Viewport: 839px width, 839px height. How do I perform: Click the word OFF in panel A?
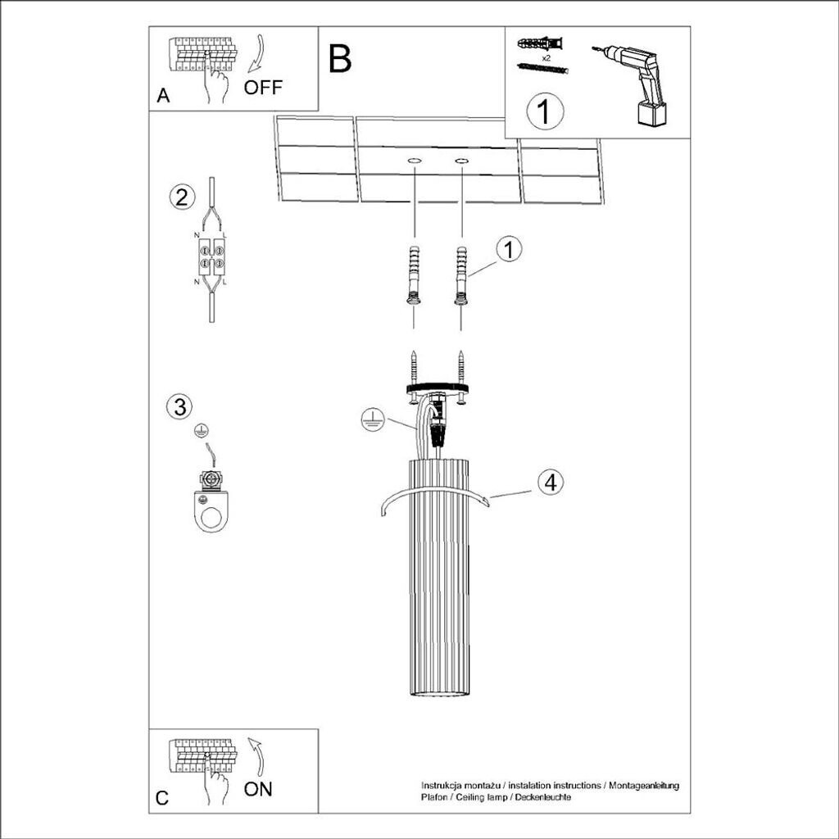263,87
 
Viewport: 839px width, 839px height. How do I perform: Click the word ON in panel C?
258,789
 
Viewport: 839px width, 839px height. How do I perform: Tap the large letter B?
340,58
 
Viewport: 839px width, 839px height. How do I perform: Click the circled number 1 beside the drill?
545,111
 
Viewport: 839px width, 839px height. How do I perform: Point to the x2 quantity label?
546,58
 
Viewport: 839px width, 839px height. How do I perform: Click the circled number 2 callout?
182,197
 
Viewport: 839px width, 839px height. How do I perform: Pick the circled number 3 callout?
179,406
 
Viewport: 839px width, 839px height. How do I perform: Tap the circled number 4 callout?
551,482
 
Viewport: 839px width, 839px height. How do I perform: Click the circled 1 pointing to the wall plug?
509,250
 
